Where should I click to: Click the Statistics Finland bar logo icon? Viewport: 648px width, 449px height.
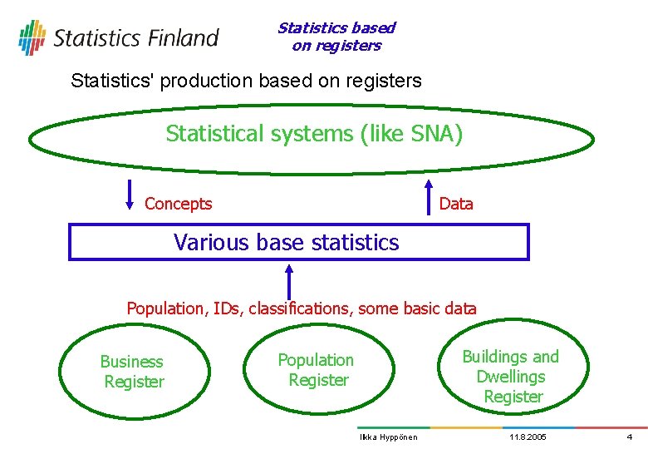(32, 37)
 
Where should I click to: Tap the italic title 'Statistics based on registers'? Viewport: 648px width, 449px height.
(336, 37)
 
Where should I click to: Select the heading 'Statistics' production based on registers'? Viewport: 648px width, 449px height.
(247, 81)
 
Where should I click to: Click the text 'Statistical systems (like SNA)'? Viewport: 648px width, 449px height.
(314, 133)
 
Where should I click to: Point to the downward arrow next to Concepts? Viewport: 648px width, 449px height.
(130, 195)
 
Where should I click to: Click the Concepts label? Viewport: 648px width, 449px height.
(178, 204)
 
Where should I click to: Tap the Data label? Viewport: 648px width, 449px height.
(455, 204)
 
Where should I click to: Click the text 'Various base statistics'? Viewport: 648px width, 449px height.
(287, 243)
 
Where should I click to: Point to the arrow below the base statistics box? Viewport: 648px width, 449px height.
(289, 280)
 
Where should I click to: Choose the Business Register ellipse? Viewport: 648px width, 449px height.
(133, 372)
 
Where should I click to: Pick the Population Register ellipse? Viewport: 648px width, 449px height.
(317, 371)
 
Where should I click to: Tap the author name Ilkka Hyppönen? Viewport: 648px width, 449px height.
(388, 437)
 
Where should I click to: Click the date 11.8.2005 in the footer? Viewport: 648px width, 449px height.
(528, 437)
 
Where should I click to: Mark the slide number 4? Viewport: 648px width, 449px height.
(629, 437)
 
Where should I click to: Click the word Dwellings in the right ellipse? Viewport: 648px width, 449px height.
(511, 377)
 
